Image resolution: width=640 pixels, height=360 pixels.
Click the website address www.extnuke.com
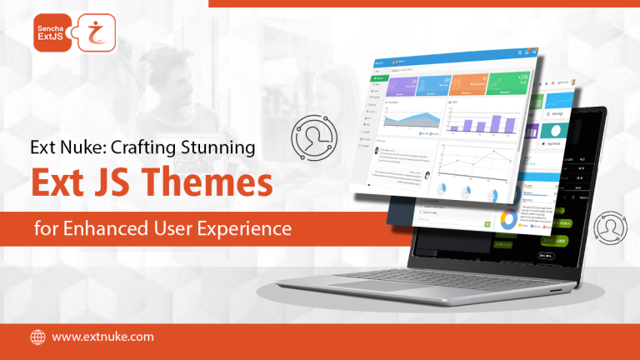[102, 337]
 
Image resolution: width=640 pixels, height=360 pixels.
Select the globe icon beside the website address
[37, 337]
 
